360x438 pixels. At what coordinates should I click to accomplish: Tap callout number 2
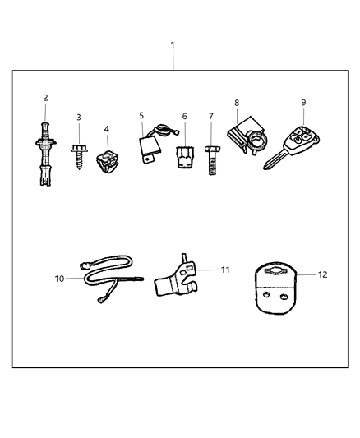45,97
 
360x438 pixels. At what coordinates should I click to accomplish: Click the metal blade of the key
271,160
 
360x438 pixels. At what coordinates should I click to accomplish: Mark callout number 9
303,103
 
